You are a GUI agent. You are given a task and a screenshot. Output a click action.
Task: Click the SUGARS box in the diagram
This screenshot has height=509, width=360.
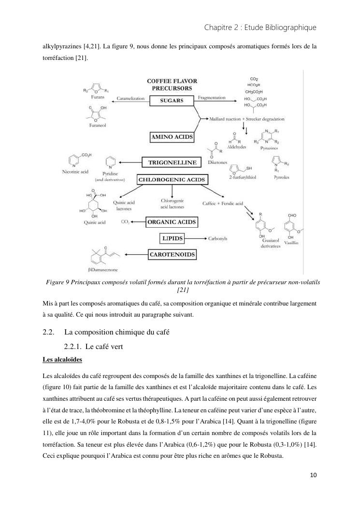pyautogui.click(x=172, y=101)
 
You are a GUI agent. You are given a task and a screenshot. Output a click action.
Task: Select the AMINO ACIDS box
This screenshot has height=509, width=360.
pyautogui.click(x=172, y=137)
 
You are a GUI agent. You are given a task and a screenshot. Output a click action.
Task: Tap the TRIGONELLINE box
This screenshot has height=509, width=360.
pyautogui.click(x=172, y=162)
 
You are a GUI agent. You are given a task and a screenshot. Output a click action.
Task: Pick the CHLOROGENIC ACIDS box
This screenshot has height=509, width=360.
pyautogui.click(x=172, y=180)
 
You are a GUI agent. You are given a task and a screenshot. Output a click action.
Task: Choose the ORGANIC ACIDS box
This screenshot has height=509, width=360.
pyautogui.click(x=172, y=222)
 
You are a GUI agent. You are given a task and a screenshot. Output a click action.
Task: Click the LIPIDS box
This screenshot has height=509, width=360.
pyautogui.click(x=172, y=238)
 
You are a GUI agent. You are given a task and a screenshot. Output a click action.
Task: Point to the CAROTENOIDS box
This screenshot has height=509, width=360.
pyautogui.click(x=172, y=254)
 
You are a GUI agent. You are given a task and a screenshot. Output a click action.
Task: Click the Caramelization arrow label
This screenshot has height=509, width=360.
pyautogui.click(x=130, y=99)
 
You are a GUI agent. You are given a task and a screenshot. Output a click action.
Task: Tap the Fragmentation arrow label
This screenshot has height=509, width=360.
pyautogui.click(x=212, y=98)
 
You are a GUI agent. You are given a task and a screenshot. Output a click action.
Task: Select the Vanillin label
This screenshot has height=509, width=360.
pyautogui.click(x=291, y=243)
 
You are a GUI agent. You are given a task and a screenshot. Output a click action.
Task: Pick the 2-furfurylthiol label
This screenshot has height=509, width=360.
pyautogui.click(x=245, y=177)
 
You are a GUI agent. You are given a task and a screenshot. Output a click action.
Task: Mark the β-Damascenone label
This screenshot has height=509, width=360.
pyautogui.click(x=102, y=270)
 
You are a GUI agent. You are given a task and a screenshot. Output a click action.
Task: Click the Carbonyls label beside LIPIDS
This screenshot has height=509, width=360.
pyautogui.click(x=217, y=239)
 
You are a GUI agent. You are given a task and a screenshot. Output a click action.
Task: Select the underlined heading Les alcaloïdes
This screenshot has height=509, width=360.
pyautogui.click(x=62, y=360)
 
